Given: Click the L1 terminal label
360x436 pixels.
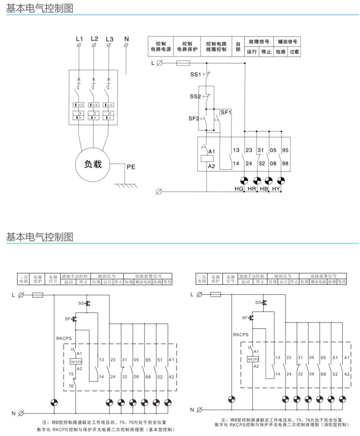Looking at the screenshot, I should (79, 39).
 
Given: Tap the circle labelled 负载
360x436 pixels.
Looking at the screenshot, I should (93, 164).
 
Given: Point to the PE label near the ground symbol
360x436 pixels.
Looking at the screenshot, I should (131, 167).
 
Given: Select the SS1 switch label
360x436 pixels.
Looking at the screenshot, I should (196, 75).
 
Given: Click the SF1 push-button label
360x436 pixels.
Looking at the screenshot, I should (226, 112).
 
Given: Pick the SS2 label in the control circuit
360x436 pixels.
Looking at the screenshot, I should (196, 97).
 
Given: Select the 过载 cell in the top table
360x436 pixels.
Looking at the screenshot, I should (294, 52).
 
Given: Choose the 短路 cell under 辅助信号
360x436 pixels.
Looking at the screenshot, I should (280, 52).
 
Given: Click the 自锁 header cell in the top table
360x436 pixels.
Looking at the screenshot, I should (238, 46).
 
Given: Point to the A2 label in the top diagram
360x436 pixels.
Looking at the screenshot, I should (211, 166).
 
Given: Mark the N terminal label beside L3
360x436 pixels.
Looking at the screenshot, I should (126, 39).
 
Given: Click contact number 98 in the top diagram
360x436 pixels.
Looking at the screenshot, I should (285, 163).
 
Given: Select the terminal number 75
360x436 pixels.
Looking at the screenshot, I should (71, 374).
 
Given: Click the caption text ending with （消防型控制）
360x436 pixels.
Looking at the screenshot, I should (282, 425).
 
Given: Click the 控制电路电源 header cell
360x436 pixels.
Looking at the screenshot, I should (160, 46).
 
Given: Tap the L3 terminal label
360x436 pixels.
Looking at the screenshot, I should (109, 39).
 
